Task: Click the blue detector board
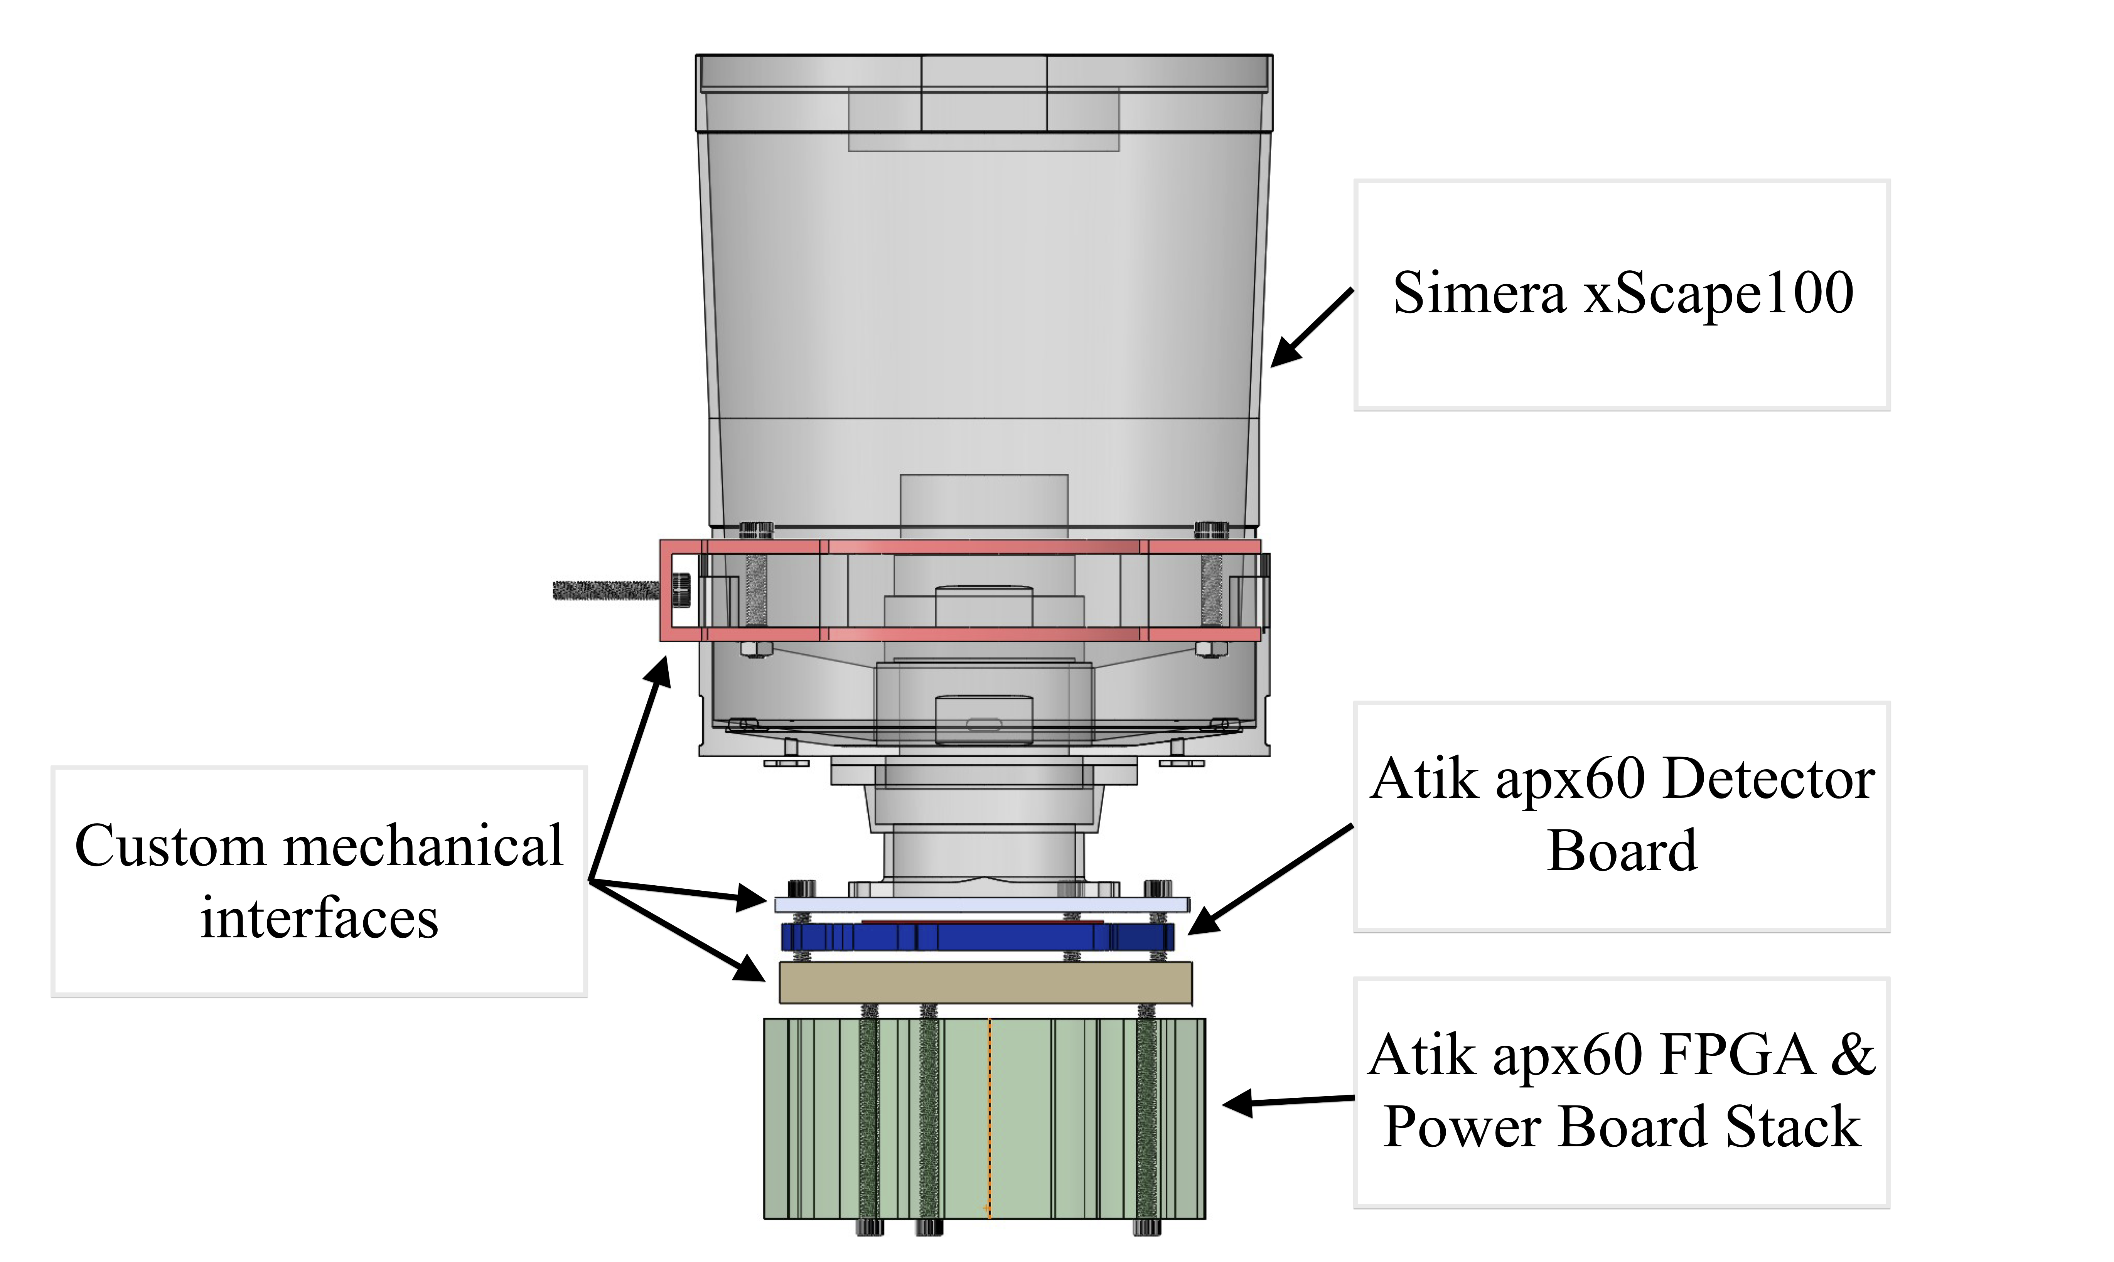click(978, 937)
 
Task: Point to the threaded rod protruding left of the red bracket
click(605, 589)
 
